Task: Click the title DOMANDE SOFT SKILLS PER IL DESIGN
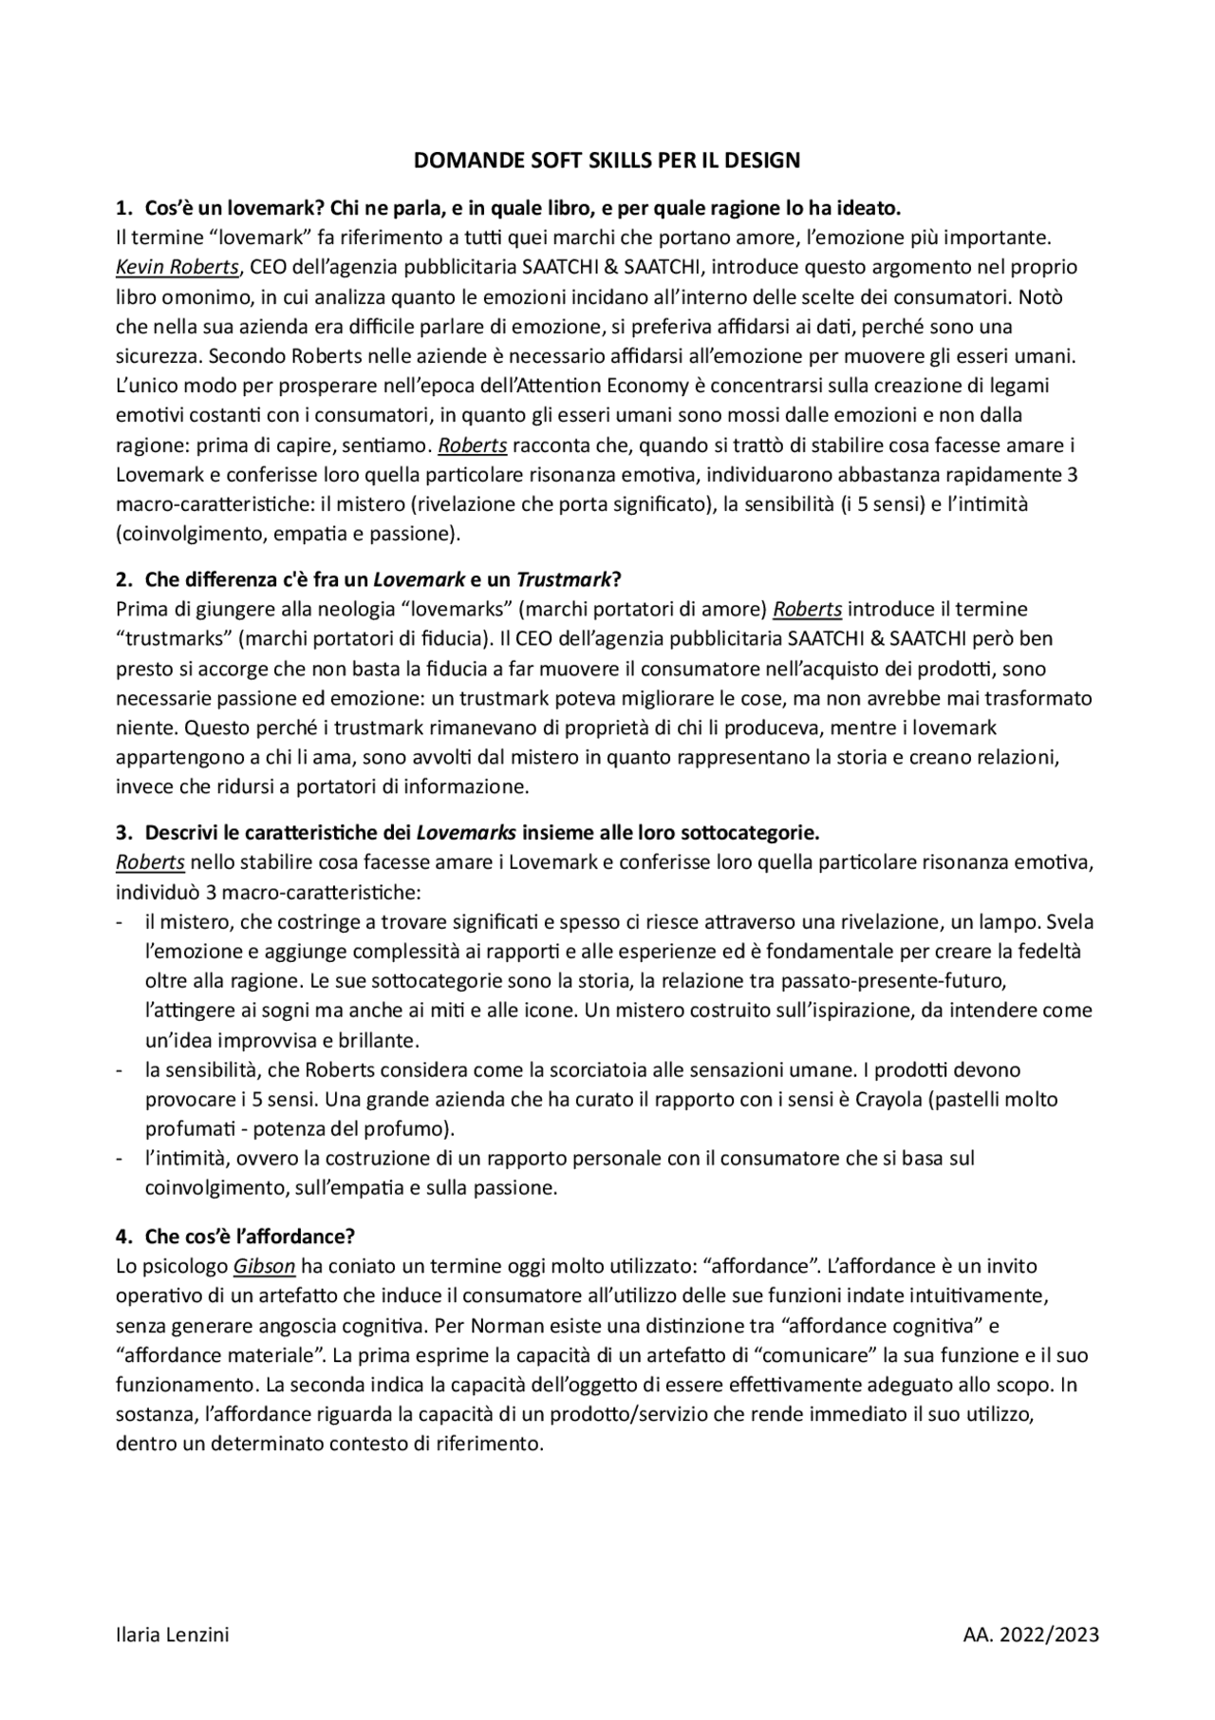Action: [x=607, y=161]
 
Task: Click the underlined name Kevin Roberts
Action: [x=177, y=267]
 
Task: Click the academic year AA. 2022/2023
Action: [x=1031, y=1635]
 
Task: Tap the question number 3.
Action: [x=123, y=834]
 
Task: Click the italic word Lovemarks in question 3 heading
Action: [x=466, y=834]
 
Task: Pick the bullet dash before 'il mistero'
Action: [x=120, y=922]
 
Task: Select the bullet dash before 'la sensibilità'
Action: [x=120, y=1070]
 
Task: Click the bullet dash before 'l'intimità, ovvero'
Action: [x=120, y=1159]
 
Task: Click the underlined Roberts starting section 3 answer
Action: [x=150, y=863]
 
